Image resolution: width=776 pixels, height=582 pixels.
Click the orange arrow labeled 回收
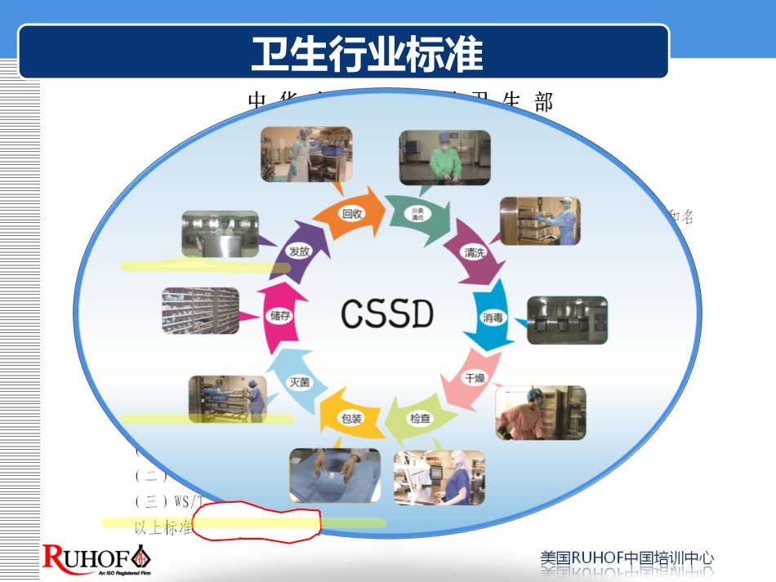[353, 214]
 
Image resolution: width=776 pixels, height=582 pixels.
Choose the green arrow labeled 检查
[419, 418]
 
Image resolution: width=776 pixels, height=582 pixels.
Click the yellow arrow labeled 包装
[350, 418]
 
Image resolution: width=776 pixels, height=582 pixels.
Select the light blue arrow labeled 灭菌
[299, 380]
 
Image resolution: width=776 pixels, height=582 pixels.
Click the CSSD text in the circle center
[387, 313]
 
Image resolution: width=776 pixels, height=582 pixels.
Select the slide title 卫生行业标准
[367, 54]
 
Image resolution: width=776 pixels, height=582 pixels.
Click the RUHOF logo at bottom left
[96, 559]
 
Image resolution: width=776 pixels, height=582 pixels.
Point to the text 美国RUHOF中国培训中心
[627, 559]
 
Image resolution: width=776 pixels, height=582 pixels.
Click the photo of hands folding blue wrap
[334, 474]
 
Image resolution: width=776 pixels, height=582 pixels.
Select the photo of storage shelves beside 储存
[200, 310]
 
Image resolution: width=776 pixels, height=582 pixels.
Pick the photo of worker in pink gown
[540, 412]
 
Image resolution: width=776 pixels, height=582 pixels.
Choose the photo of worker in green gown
[444, 157]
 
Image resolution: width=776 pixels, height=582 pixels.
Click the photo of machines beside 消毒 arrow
[567, 320]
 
